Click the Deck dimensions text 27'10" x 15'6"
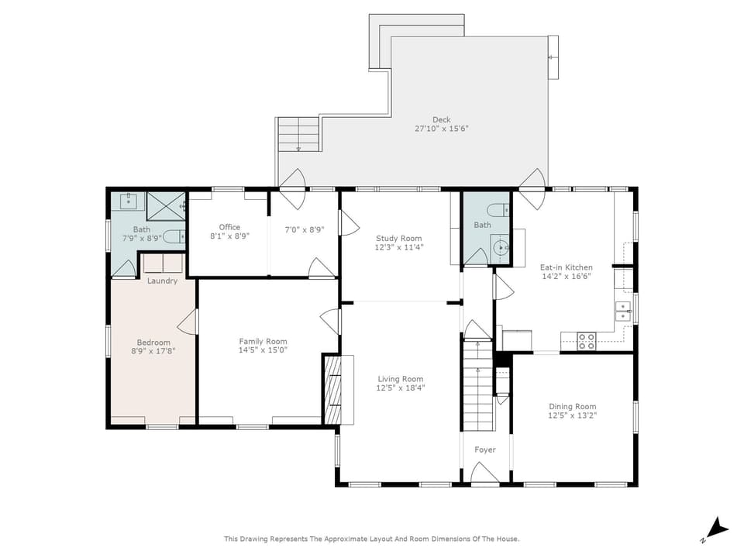(441, 129)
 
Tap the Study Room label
(398, 238)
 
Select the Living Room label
(401, 379)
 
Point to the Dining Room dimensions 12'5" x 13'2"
(572, 415)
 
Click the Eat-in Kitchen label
(566, 267)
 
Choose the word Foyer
(485, 449)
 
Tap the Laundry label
(162, 281)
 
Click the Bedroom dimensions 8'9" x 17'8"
(153, 351)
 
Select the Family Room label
(263, 341)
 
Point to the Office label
(229, 227)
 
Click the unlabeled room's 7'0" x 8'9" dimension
(304, 229)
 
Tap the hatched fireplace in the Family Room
(332, 390)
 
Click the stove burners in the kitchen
(587, 341)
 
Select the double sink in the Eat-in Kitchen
(623, 312)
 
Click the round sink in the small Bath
(500, 247)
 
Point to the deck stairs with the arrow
(298, 134)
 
